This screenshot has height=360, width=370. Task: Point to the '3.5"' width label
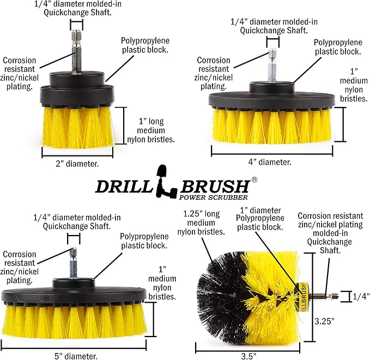coord(249,355)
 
